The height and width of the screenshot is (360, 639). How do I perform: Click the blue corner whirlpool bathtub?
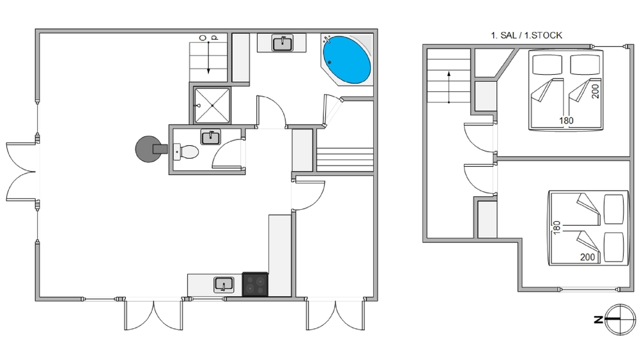[x=347, y=60]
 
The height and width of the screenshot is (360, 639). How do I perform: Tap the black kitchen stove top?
[x=255, y=284]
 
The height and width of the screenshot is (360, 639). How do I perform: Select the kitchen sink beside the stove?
[x=224, y=285]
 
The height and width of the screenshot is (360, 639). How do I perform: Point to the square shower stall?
[x=212, y=106]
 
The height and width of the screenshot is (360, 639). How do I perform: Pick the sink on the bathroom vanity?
[x=282, y=43]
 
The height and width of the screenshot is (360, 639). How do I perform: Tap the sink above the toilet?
[x=211, y=137]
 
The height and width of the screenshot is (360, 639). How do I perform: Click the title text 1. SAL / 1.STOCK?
[x=526, y=35]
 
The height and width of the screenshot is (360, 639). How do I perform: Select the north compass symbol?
[x=620, y=320]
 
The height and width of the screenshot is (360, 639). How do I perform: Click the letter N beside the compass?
[x=598, y=320]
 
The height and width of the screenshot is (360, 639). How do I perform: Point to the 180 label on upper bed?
[x=566, y=121]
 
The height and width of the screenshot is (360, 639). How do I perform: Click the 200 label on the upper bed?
[x=595, y=91]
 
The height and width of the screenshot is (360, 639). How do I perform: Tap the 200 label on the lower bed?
[x=587, y=257]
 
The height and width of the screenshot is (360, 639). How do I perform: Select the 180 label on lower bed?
[x=557, y=228]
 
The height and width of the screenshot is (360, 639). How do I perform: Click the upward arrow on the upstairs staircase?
[x=449, y=87]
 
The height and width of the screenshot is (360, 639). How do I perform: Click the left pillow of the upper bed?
[x=548, y=65]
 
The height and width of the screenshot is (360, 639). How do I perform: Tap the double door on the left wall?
[x=21, y=171]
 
